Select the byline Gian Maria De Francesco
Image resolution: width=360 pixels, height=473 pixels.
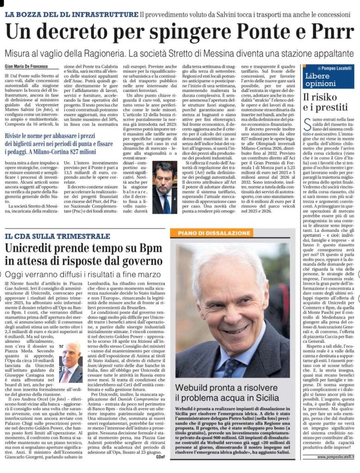pyautogui.click(x=31, y=67)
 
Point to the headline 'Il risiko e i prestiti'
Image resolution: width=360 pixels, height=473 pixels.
pyautogui.click(x=320, y=103)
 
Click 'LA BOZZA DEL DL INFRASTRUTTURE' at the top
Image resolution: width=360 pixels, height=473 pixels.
pyautogui.click(x=72, y=14)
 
